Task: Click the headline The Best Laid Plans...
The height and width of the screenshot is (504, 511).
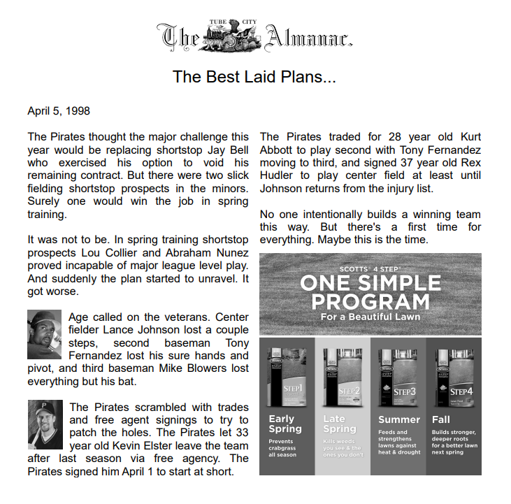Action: [x=254, y=77]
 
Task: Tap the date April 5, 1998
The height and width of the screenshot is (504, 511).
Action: [x=59, y=111]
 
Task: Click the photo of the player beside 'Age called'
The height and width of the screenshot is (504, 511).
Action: [x=45, y=335]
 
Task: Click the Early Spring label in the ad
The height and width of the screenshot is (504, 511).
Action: [x=285, y=424]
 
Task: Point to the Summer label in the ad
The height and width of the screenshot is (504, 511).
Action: [x=398, y=419]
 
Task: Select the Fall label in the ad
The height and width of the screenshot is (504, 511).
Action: [x=441, y=419]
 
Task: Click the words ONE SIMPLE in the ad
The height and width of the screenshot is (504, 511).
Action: [x=370, y=283]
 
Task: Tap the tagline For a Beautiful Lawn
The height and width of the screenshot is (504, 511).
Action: [x=370, y=317]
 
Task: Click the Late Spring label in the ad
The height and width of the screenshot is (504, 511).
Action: [x=340, y=424]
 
